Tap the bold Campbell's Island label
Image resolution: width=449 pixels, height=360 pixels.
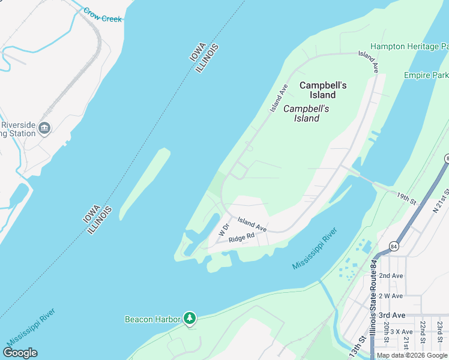coord(323,90)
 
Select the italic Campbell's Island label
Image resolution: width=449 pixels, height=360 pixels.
coord(306,113)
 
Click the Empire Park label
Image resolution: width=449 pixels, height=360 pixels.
coord(426,76)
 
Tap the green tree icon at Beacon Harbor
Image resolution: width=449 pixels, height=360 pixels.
coord(190,317)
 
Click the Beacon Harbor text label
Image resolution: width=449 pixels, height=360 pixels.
coord(152,319)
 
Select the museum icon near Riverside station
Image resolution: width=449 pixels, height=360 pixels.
coord(44,128)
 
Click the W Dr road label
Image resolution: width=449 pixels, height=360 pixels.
coord(224,229)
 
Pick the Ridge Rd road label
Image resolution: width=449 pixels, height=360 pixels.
coord(242,237)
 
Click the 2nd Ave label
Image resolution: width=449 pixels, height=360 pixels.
coord(391,275)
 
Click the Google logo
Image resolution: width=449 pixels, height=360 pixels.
coord(20,353)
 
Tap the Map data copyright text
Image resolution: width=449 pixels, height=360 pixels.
coord(412,355)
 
